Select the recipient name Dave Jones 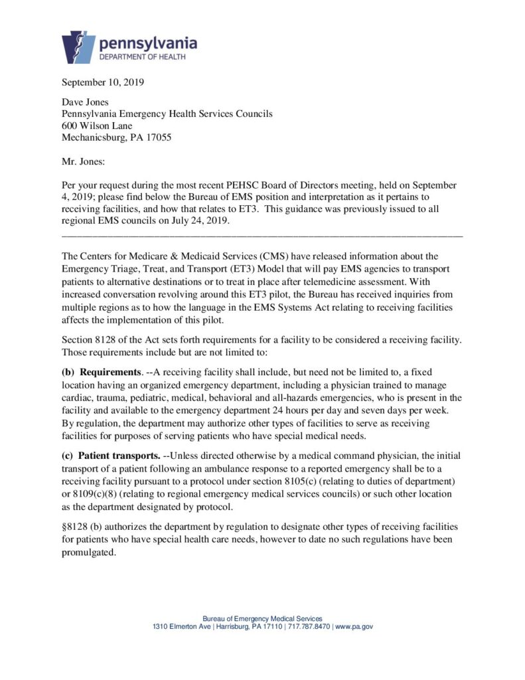(x=85, y=102)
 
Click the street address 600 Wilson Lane (x=97, y=126)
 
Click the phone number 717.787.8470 (x=309, y=627)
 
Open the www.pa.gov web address (x=354, y=627)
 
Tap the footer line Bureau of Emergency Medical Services (x=262, y=618)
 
